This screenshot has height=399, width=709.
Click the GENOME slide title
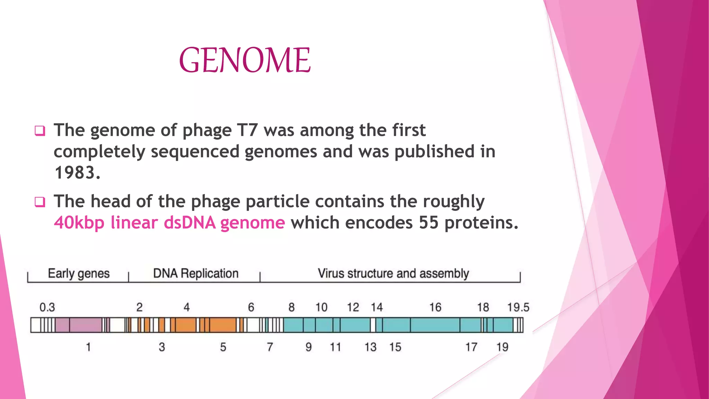coord(245,60)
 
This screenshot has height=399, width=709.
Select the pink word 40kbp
coord(79,222)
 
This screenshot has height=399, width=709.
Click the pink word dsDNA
coord(190,222)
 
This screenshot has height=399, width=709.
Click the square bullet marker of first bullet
coord(40,131)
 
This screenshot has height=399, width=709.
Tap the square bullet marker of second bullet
coord(40,202)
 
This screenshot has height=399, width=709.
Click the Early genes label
coord(79,274)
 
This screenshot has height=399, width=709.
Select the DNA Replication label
coord(196,274)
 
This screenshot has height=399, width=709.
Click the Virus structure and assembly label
coord(393,274)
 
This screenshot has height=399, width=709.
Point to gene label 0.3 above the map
coord(47,307)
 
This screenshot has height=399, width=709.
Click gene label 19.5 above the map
coord(518,307)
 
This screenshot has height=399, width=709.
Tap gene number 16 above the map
coord(435,307)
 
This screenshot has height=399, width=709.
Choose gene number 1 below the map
coord(88,347)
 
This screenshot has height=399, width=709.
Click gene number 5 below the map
coord(223,347)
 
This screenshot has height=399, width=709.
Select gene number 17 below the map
coord(471,347)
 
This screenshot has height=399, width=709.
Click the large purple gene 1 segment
coord(86,325)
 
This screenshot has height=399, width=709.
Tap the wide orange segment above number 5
coord(223,325)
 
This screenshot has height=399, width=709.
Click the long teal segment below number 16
coord(435,325)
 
